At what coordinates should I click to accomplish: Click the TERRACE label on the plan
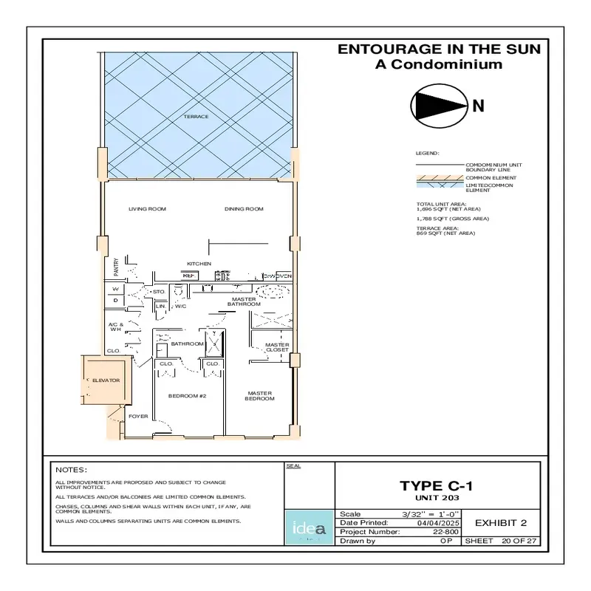[197, 117]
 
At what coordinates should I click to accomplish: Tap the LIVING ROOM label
[147, 209]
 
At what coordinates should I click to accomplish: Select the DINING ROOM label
[244, 209]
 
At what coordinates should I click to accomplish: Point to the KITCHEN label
[199, 264]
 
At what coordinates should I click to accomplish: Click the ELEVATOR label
[106, 380]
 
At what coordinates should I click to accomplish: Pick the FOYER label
[138, 417]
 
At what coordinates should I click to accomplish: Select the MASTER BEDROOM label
[260, 396]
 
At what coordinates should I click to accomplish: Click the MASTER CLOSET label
[277, 347]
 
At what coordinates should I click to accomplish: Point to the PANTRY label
[117, 266]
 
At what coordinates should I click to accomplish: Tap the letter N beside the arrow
[478, 106]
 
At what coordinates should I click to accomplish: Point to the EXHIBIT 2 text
[500, 523]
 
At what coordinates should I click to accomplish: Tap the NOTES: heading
[72, 470]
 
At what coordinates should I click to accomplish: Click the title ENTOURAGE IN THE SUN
[439, 49]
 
